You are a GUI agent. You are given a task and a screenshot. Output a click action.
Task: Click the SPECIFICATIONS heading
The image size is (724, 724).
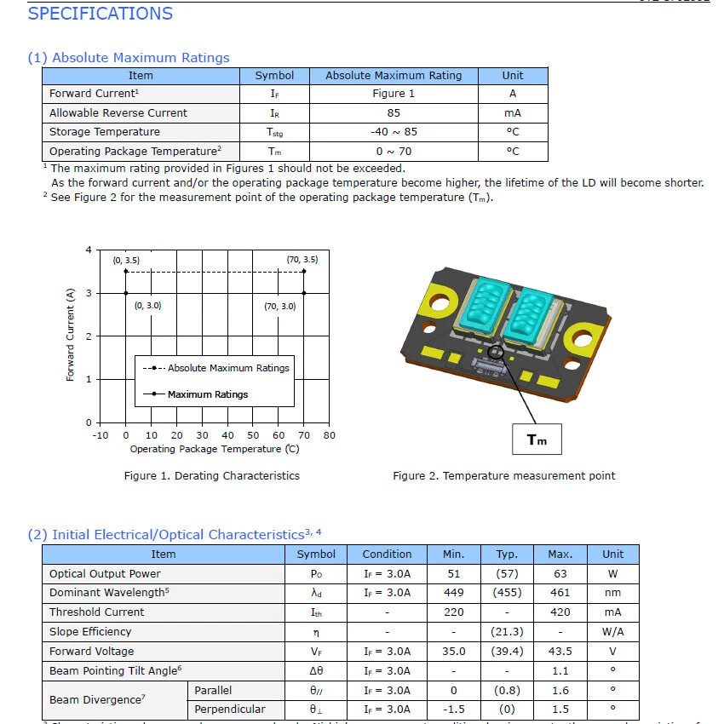101,14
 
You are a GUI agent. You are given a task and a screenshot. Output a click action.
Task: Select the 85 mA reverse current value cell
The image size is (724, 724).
394,112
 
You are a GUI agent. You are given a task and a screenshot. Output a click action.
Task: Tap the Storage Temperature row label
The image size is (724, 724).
105,132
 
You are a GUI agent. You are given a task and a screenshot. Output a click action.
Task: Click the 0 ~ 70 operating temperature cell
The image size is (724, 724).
394,152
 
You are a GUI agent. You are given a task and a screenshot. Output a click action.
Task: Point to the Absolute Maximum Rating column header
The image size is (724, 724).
394,76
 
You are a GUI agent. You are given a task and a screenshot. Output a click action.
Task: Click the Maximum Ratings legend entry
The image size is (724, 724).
207,394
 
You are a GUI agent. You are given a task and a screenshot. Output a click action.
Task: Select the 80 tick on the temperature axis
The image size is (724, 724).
330,435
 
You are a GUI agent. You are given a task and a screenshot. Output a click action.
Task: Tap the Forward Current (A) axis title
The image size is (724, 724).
71,334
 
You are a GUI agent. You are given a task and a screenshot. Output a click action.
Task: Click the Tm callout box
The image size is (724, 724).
537,440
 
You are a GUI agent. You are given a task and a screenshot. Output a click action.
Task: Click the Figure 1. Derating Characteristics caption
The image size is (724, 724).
212,476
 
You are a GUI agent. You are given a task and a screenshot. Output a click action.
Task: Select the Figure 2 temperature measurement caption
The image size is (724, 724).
503,476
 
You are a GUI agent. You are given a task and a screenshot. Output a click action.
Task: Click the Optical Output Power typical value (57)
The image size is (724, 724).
507,574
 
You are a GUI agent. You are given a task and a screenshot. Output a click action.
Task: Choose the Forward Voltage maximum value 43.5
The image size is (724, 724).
560,652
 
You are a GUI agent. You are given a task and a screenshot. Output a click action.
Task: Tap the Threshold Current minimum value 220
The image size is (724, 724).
454,612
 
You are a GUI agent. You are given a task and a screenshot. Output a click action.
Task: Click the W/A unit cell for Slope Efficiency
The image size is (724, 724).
612,632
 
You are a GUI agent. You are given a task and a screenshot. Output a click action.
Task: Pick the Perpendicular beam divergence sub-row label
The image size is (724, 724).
230,710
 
